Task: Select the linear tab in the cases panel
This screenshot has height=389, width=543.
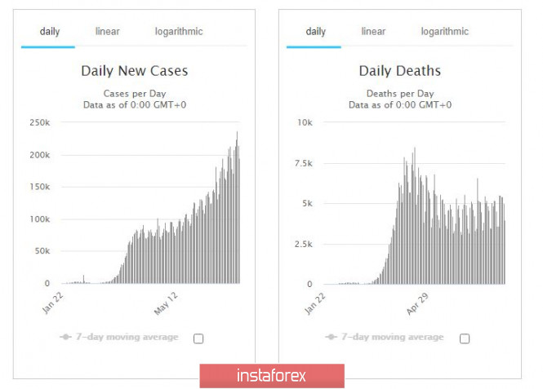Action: (x=108, y=32)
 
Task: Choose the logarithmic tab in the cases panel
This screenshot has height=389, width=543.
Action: (x=179, y=32)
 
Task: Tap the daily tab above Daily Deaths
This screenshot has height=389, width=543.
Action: (x=315, y=32)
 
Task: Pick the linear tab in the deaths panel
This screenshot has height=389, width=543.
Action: (x=373, y=32)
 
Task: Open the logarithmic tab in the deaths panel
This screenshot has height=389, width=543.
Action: (x=444, y=32)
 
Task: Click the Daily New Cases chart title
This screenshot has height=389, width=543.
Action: (x=134, y=71)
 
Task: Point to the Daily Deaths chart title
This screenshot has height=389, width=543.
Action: (x=399, y=71)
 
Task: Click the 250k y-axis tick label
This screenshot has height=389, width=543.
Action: (x=39, y=122)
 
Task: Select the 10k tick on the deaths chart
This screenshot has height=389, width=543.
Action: (x=304, y=122)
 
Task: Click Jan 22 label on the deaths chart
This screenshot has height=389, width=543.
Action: (x=314, y=303)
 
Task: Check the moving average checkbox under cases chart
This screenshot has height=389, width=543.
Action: (x=198, y=338)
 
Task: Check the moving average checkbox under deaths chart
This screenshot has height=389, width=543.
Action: (x=465, y=338)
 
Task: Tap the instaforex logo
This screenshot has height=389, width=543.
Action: (x=272, y=376)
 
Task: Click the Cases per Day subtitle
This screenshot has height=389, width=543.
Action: (x=134, y=92)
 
